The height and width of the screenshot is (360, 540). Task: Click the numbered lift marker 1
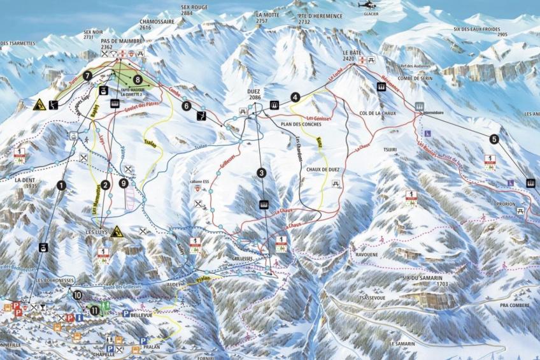[x=61, y=185]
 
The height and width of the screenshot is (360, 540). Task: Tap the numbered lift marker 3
[x=261, y=173]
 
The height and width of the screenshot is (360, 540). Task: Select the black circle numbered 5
[x=495, y=139]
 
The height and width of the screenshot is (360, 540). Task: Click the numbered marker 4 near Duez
[x=295, y=97]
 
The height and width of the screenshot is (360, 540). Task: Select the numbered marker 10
[x=77, y=295]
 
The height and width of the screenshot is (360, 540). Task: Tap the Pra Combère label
[x=515, y=305]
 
